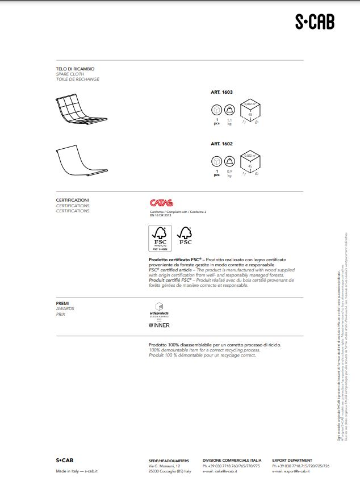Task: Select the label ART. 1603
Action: (221, 91)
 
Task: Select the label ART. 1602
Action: (221, 144)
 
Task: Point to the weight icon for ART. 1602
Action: (229, 161)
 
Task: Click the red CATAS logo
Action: (161, 203)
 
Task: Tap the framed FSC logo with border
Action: (159, 238)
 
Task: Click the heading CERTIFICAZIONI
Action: (72, 200)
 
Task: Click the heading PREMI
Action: (62, 304)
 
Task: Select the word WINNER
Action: (159, 325)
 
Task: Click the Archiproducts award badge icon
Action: (159, 307)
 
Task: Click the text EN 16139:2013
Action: (161, 216)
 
